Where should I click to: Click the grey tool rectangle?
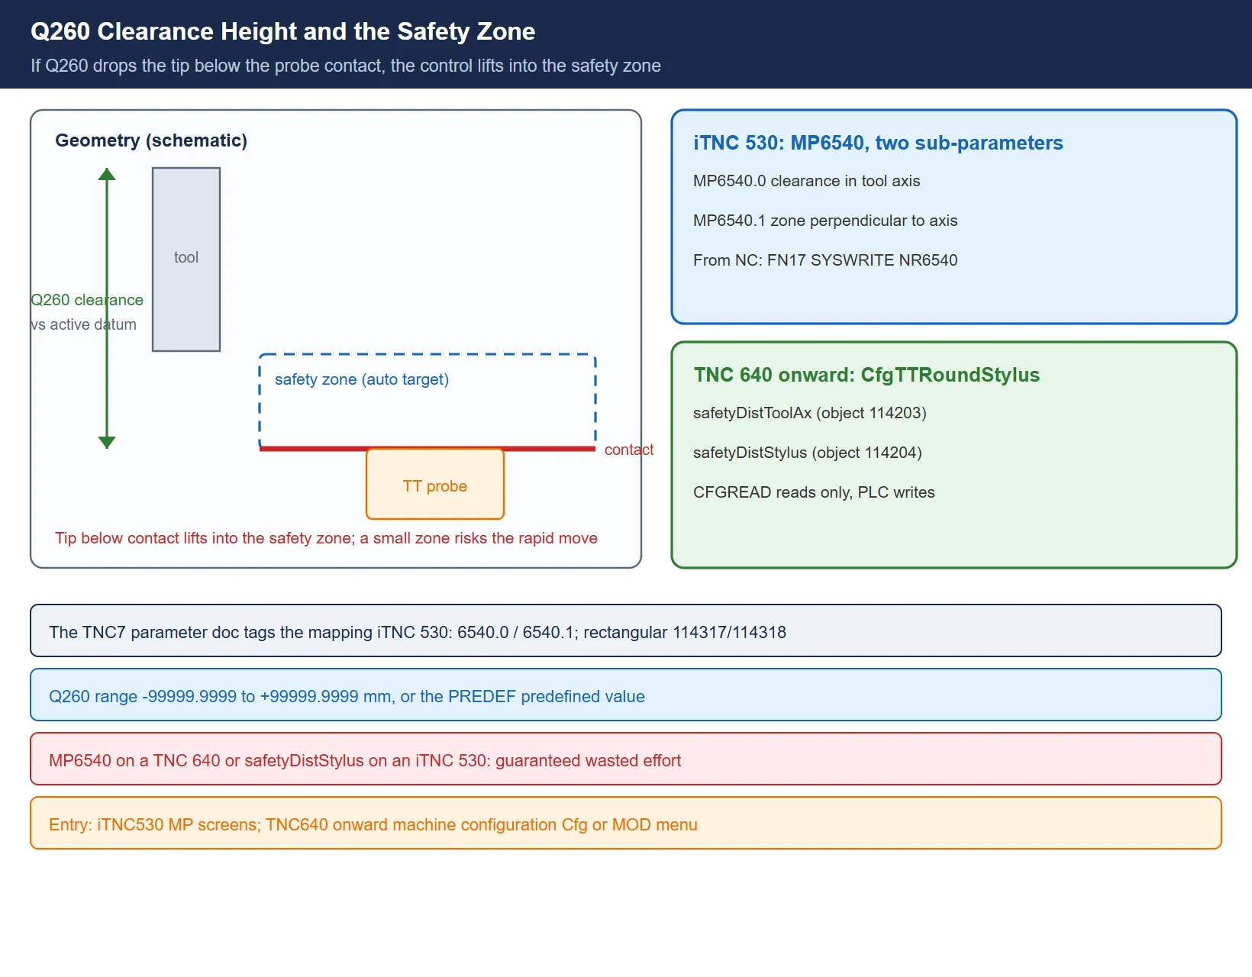tap(186, 260)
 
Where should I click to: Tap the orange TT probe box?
tap(435, 484)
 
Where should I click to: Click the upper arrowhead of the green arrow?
tap(107, 174)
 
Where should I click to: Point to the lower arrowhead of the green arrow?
tap(107, 442)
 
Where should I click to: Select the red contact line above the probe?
tap(428, 449)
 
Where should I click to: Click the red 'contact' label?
tap(628, 450)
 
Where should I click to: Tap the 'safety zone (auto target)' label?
tap(362, 379)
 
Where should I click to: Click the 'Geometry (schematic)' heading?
tap(151, 140)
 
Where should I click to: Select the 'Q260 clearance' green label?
tap(87, 299)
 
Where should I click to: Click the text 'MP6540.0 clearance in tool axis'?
tap(807, 181)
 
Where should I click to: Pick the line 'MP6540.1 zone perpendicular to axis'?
tap(825, 221)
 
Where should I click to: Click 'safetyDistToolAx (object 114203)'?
tap(809, 413)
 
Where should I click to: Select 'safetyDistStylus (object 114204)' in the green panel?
tap(807, 453)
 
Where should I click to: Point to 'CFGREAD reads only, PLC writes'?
tap(814, 492)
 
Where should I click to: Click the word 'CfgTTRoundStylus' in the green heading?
tap(950, 375)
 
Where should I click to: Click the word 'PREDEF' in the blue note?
tap(482, 696)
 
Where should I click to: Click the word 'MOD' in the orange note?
tap(631, 825)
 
